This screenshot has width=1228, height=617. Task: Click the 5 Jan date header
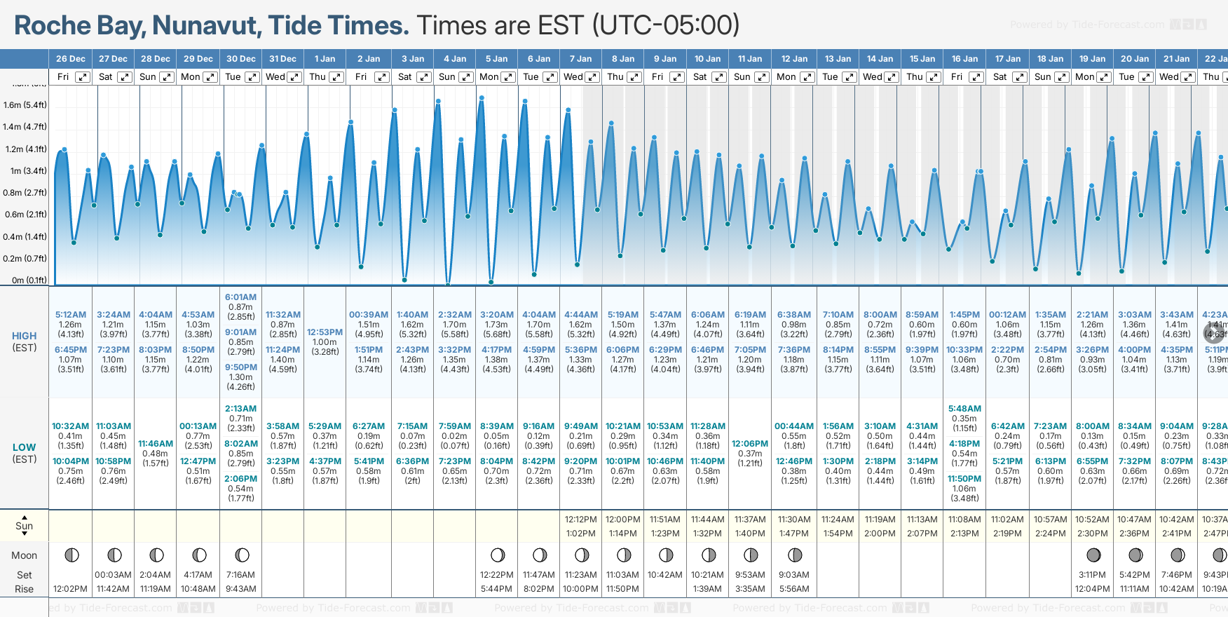pyautogui.click(x=496, y=59)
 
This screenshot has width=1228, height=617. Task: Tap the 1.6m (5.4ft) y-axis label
pyautogui.click(x=25, y=105)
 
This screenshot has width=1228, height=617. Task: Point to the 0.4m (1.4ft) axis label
pyautogui.click(x=25, y=237)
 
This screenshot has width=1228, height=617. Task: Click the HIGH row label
pyautogui.click(x=25, y=336)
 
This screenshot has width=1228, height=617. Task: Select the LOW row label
pyautogui.click(x=25, y=447)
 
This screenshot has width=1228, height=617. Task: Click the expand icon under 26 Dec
pyautogui.click(x=83, y=77)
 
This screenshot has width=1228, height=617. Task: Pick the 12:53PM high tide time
pyautogui.click(x=325, y=332)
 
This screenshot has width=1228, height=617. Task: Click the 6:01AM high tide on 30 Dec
pyautogui.click(x=240, y=297)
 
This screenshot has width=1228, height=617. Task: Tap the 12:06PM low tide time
pyautogui.click(x=750, y=444)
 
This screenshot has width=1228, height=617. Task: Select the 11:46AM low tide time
pyautogui.click(x=156, y=444)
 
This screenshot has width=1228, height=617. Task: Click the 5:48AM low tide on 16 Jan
pyautogui.click(x=964, y=409)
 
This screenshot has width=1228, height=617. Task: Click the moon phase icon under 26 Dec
pyautogui.click(x=71, y=555)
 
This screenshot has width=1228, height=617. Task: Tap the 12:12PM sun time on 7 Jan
pyautogui.click(x=580, y=520)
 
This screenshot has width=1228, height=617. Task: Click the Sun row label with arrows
pyautogui.click(x=25, y=526)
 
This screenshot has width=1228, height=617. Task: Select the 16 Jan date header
pyautogui.click(x=964, y=59)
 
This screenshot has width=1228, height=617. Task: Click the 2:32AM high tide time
pyautogui.click(x=455, y=315)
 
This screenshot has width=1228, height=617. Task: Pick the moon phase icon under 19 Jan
pyautogui.click(x=1093, y=555)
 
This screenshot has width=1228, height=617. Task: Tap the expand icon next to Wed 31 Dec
pyautogui.click(x=294, y=77)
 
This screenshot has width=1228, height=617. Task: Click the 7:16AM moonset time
pyautogui.click(x=240, y=575)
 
